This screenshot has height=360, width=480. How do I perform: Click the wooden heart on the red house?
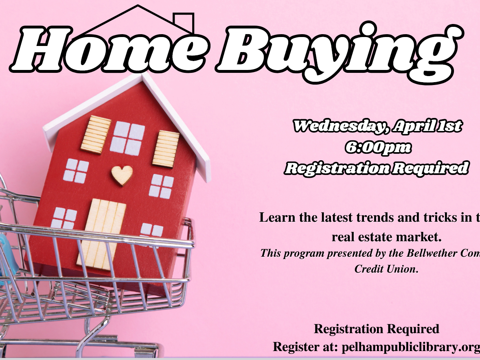tap(122, 175)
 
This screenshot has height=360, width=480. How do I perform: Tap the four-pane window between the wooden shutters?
tap(127, 137)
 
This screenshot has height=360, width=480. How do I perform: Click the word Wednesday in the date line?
tap(339, 126)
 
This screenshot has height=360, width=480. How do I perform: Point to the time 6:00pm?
tap(378, 147)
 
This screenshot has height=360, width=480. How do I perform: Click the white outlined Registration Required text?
tap(376, 168)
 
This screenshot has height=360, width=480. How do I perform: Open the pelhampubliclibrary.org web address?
tap(411, 347)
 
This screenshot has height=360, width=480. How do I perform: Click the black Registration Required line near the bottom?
tap(376, 329)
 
